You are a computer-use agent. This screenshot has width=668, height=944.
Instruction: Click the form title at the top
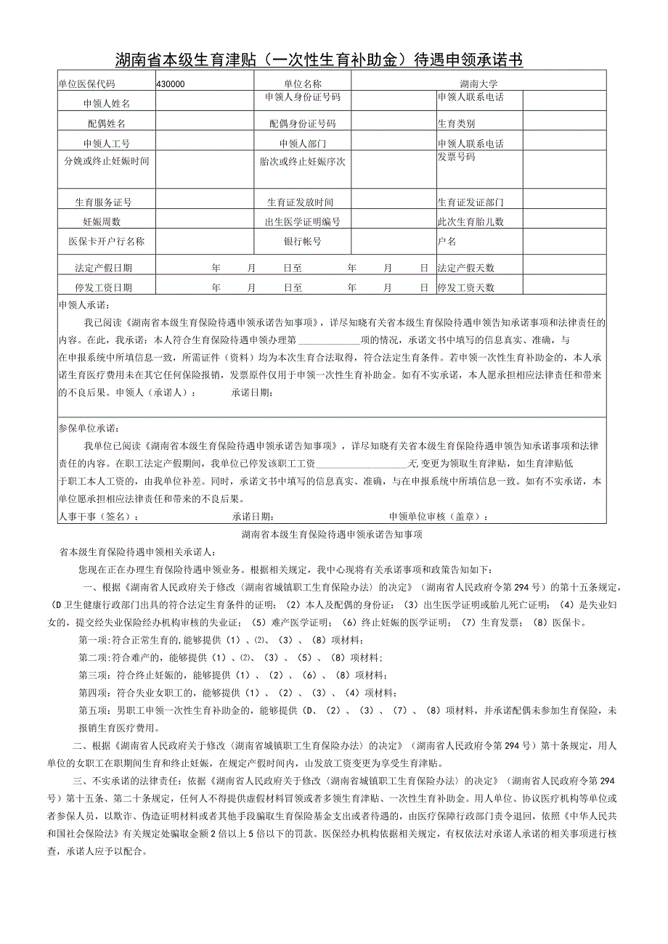point(319,59)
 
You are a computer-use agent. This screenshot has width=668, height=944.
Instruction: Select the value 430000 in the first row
point(171,84)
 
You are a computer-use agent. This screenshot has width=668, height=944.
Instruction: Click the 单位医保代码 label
point(86,84)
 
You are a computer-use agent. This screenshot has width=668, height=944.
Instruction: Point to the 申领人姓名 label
point(107,104)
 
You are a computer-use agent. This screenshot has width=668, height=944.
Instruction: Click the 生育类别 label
point(456,124)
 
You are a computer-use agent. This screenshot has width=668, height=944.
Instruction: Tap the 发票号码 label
point(456,157)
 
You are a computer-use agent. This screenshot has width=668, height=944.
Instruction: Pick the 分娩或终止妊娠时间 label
point(107,161)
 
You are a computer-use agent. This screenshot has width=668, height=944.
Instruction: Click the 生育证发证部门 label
point(470,202)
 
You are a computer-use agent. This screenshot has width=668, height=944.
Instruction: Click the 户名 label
point(447,241)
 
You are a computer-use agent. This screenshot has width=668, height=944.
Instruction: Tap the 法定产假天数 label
point(465,268)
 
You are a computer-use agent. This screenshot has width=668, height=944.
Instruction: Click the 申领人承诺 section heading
point(83,305)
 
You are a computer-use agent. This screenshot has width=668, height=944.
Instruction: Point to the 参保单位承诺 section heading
point(88,428)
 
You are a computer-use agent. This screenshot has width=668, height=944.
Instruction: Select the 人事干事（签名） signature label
point(98,517)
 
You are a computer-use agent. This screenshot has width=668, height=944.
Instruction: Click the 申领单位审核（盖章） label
point(439,517)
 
